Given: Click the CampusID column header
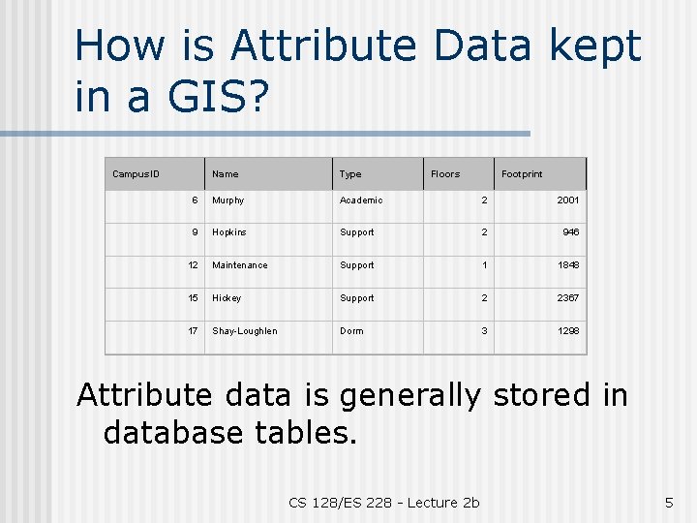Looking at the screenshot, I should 136,174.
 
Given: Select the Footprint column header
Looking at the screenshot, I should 522,174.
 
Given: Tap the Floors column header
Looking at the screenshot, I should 445,174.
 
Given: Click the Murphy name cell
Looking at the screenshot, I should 228,200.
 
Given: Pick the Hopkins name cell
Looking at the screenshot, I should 229,232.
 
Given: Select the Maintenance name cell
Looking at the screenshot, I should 240,265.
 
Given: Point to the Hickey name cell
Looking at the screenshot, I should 227,298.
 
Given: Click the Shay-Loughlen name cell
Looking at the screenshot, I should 245,331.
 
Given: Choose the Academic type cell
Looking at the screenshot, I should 361,200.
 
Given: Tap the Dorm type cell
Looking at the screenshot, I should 351,331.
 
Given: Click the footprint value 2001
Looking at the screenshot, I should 567,200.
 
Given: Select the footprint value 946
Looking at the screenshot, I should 570,232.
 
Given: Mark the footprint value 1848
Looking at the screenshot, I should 567,265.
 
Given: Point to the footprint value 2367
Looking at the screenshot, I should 567,298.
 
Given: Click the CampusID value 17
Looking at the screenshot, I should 194,331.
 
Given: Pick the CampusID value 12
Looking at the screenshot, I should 194,265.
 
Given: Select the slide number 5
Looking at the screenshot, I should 668,502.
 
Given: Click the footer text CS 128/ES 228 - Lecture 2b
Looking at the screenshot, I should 384,502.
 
